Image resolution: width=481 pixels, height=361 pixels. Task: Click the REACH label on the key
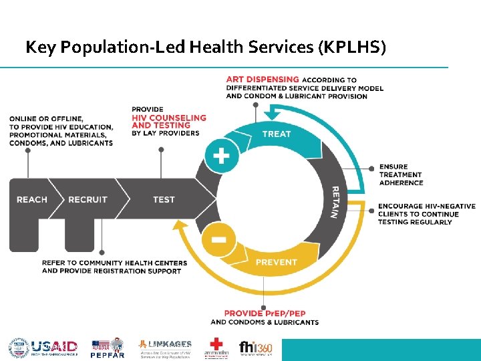click(32, 199)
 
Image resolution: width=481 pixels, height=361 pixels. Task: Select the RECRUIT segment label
click(88, 199)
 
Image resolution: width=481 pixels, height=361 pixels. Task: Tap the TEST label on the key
click(164, 199)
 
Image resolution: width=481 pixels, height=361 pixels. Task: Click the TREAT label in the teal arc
click(277, 134)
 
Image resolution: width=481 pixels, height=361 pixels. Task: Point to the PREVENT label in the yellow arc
click(276, 262)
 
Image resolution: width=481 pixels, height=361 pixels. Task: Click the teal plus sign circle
click(221, 157)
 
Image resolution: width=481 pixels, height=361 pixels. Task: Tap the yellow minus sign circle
click(221, 239)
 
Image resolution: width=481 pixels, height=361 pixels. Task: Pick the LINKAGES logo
click(164, 348)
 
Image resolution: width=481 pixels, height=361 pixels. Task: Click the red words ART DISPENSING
click(263, 80)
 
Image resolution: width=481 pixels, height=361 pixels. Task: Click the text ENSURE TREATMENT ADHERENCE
click(401, 174)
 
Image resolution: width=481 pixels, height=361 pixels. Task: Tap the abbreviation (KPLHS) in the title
click(353, 47)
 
